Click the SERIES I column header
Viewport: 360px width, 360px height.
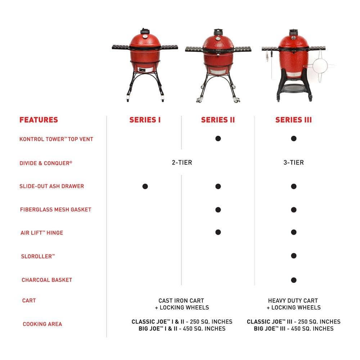pos(145,120)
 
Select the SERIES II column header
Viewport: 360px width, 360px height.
pos(218,120)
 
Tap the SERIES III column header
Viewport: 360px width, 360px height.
pos(293,120)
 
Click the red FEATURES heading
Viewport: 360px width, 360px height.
pos(39,120)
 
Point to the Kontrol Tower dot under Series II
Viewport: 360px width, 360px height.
pos(218,139)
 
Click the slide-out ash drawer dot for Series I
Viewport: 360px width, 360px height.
pos(145,186)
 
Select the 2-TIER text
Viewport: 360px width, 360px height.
pos(182,162)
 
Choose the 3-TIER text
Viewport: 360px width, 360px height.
pos(293,162)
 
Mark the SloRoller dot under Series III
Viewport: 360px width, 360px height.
pos(293,256)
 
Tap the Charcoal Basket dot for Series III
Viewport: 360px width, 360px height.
pos(293,280)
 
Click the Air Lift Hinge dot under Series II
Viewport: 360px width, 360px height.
pos(218,232)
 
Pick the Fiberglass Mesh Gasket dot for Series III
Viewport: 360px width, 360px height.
pos(293,210)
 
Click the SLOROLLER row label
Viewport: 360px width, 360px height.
pos(38,256)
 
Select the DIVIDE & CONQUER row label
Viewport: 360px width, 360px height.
pos(46,163)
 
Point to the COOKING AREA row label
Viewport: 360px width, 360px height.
pos(42,324)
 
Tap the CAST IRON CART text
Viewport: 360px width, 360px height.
pos(181,301)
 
